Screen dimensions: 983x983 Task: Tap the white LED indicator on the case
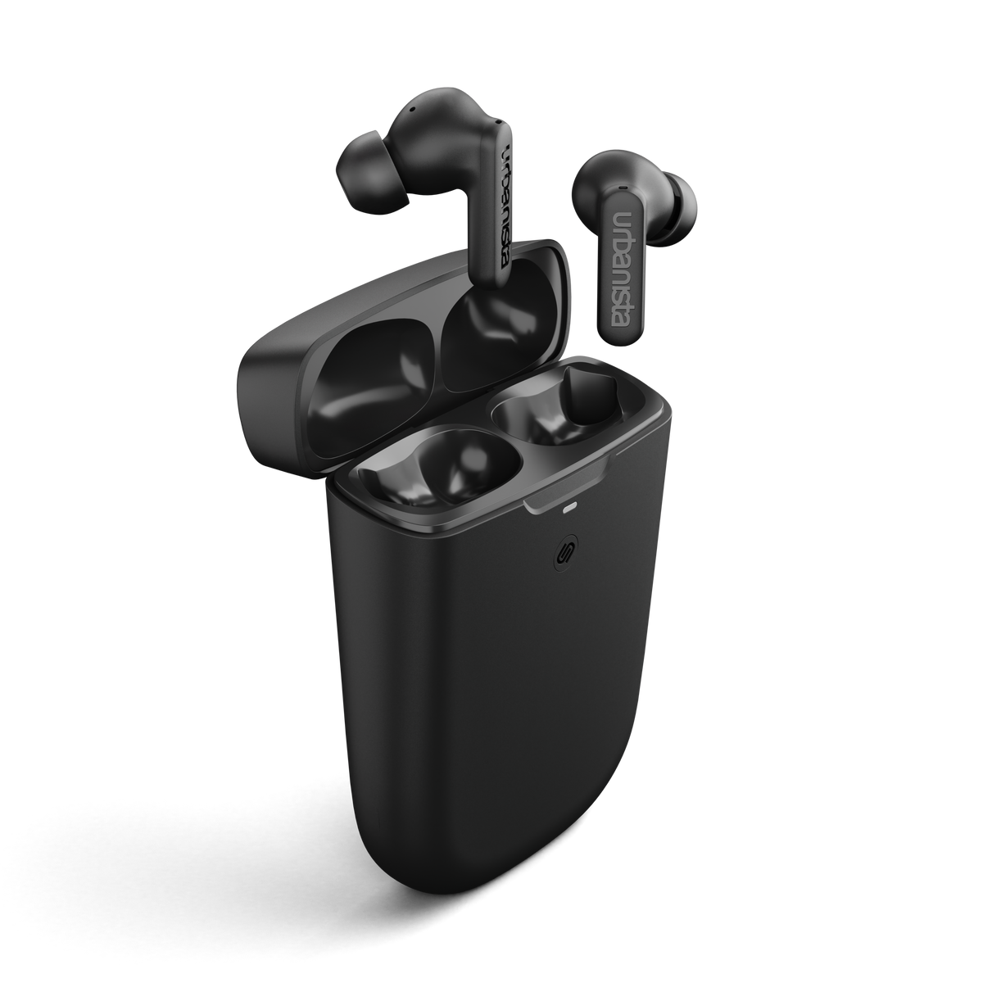coord(569,509)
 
